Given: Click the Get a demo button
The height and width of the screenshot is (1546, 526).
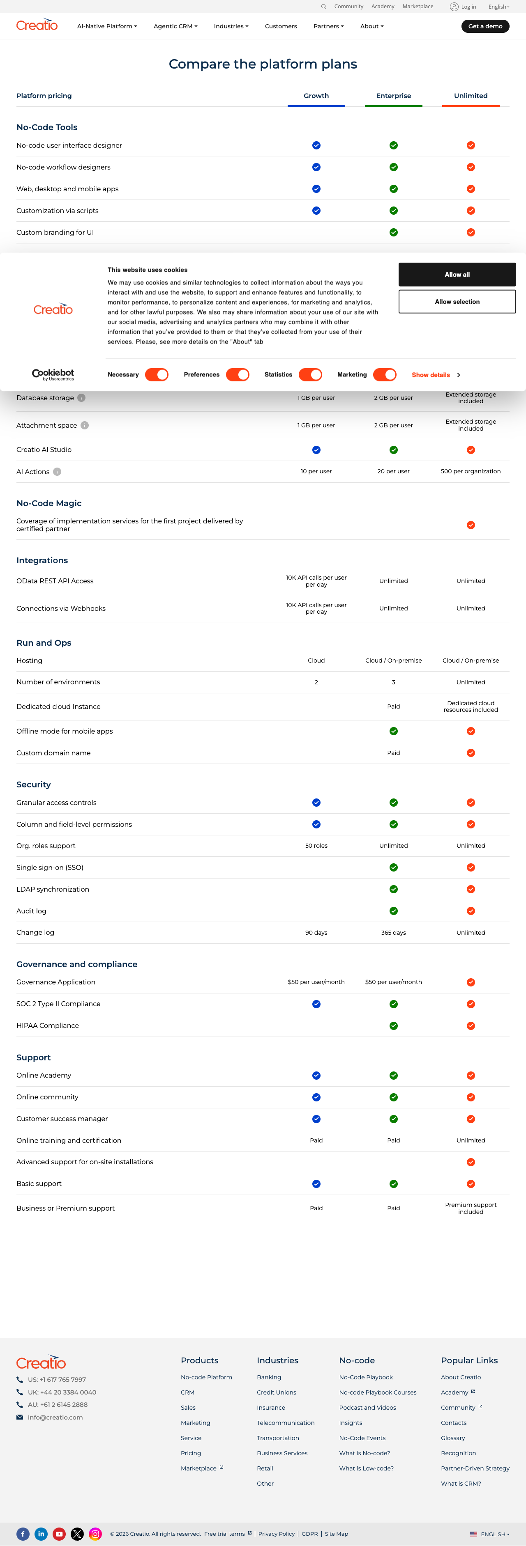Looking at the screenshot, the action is tap(485, 26).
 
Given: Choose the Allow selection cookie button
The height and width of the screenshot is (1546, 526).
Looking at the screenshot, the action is tap(457, 302).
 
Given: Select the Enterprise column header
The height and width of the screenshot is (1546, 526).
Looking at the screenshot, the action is tap(393, 96).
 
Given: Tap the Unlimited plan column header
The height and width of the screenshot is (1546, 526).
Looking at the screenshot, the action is tap(471, 96).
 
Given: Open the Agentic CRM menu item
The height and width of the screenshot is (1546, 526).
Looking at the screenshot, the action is tap(175, 26).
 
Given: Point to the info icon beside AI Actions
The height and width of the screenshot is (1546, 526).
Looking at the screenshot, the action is tap(57, 472).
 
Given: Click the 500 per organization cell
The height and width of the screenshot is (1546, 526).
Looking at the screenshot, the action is tap(471, 472).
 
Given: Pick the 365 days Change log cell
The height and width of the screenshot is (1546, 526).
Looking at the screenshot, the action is tap(393, 933).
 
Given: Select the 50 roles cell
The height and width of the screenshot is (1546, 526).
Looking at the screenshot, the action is tap(316, 846).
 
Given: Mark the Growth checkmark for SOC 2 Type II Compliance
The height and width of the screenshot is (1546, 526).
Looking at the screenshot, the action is tap(316, 1004).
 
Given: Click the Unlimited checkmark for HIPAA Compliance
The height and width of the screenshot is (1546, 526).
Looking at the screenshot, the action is tap(471, 1025).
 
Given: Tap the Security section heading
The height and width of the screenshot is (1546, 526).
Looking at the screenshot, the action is tap(34, 784).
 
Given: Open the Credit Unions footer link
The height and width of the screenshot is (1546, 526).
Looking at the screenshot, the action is tap(276, 1392).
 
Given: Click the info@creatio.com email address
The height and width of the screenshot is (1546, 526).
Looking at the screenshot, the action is tap(55, 1418).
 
